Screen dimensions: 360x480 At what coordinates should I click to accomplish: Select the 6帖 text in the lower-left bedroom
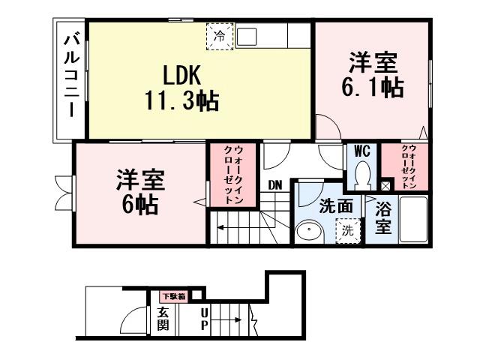point(140,204)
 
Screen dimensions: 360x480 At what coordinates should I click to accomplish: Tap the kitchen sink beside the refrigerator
point(248,35)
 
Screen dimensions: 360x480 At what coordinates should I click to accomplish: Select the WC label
point(361,151)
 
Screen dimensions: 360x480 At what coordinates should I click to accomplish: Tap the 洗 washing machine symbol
point(346,230)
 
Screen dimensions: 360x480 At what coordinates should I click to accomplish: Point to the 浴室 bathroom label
point(382,217)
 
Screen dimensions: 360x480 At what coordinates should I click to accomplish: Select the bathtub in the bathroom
point(412,218)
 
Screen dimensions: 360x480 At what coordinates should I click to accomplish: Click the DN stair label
point(274,184)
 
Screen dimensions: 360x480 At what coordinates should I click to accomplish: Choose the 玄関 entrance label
point(163,319)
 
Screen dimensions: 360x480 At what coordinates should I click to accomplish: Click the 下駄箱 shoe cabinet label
point(172,295)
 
